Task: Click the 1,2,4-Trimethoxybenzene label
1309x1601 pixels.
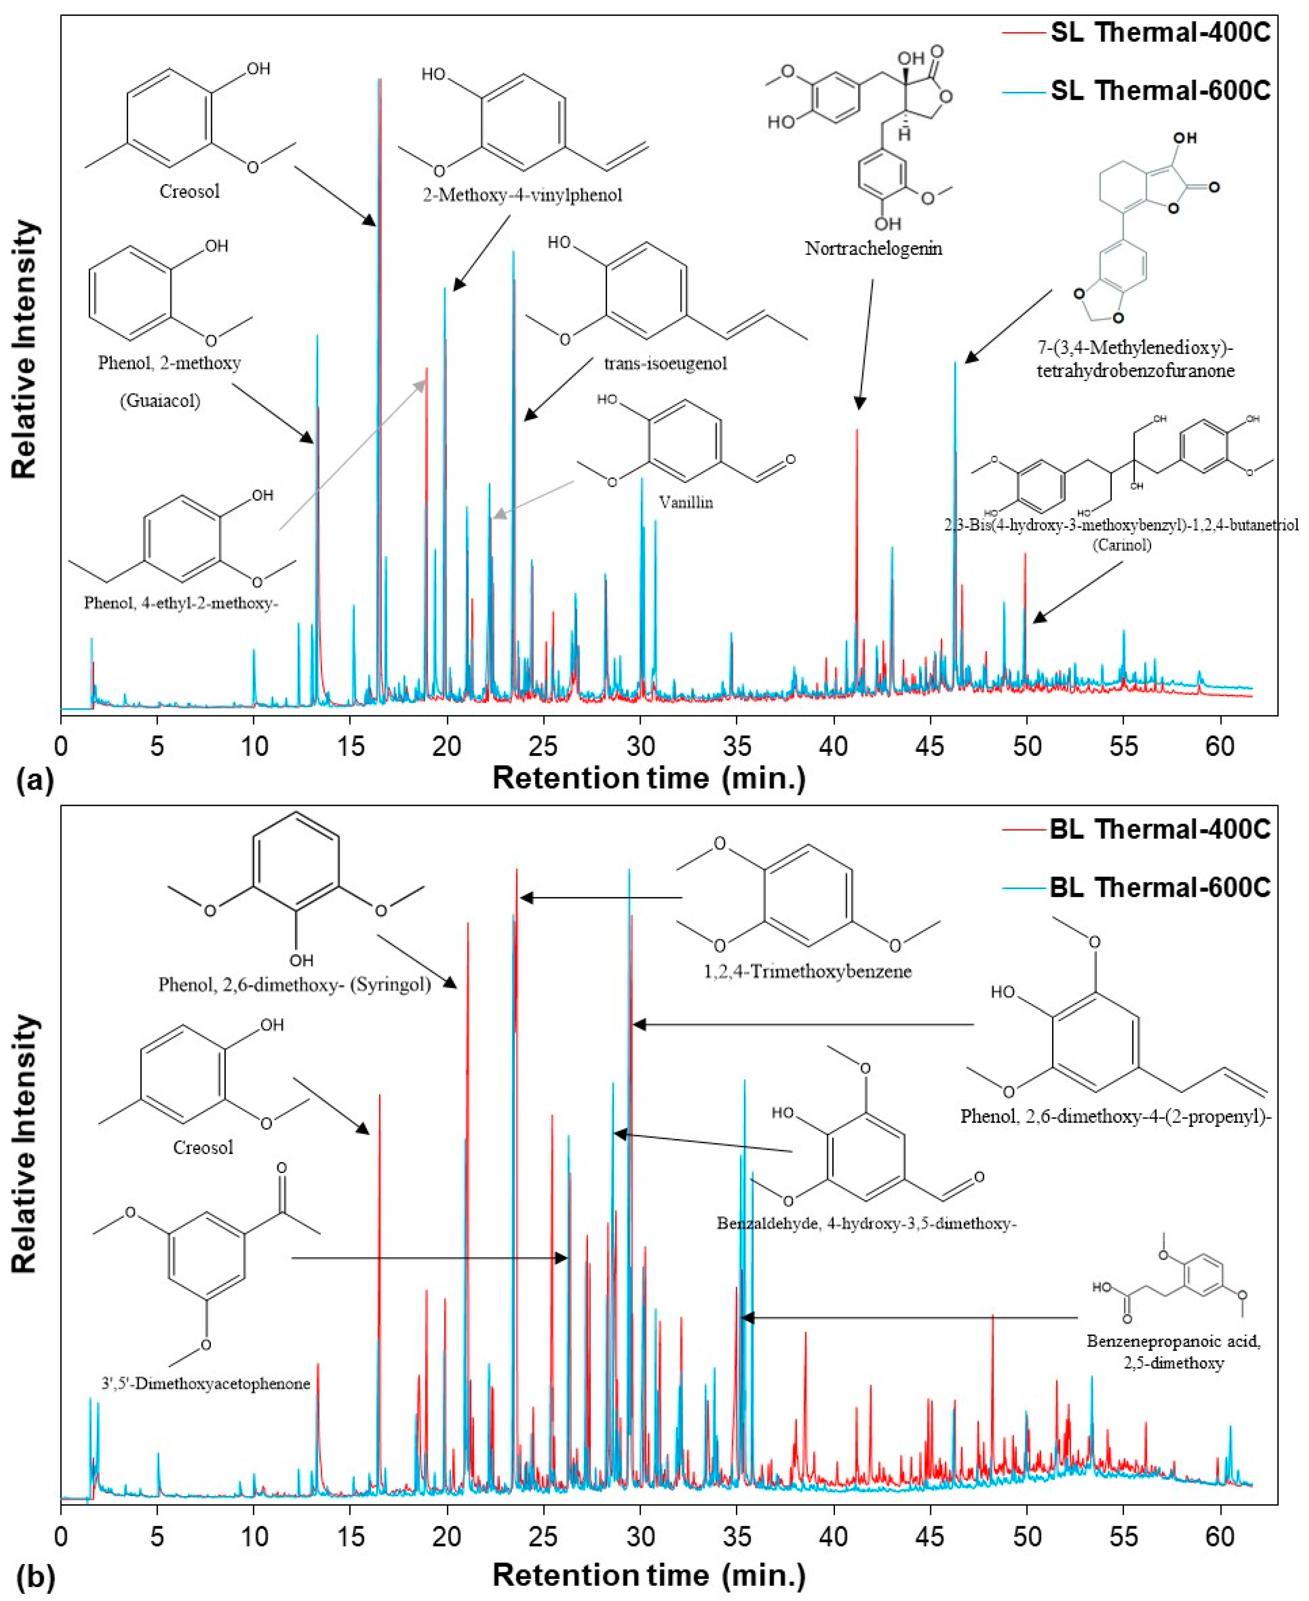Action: (808, 971)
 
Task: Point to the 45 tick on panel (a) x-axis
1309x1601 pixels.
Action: (931, 747)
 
